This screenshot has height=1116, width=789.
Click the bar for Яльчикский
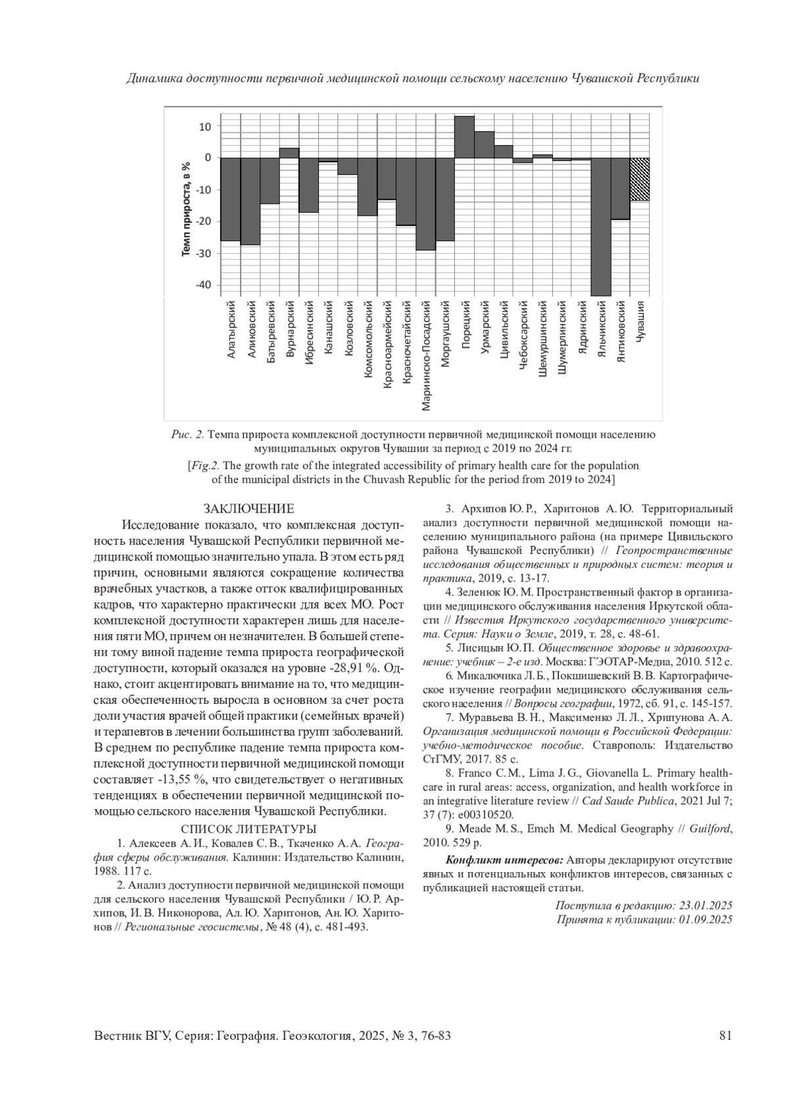pos(601,227)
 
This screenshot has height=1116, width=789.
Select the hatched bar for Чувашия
pos(640,179)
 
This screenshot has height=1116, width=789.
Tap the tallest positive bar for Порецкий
pos(464,137)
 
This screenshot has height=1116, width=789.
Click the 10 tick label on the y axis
pos(205,126)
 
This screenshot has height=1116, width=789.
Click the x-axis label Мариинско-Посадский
pos(426,356)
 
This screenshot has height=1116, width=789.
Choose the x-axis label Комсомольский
pos(368,339)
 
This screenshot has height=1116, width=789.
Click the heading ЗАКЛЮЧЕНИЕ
pos(249,509)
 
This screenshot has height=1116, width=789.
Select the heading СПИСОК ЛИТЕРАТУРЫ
pos(249,829)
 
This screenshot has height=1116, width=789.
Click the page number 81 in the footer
pos(726,1036)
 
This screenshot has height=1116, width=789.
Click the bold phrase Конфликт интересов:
pos(504,860)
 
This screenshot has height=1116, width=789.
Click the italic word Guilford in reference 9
pos(710,829)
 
